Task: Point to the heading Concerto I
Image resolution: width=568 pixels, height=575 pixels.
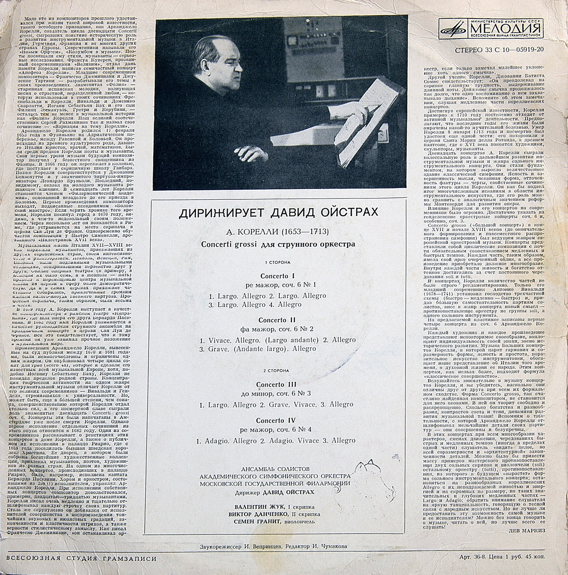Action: (x=277, y=276)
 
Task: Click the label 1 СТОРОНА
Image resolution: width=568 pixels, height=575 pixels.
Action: (x=277, y=262)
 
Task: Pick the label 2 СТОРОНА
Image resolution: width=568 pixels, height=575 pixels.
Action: (x=277, y=370)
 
